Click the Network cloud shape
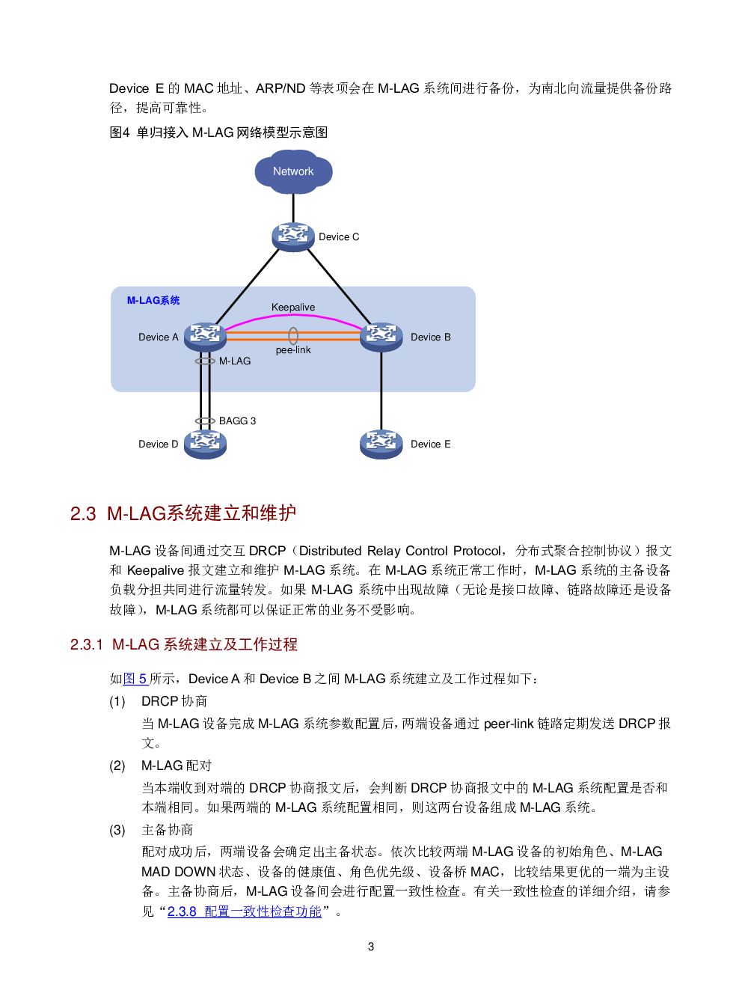point(293,171)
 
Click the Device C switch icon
point(292,236)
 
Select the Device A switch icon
point(204,337)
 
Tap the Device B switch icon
point(381,337)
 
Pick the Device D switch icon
point(204,444)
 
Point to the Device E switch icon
point(381,444)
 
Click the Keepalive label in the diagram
point(293,308)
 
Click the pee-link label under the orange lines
point(293,350)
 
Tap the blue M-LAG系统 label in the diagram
point(153,301)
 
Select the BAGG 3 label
point(238,421)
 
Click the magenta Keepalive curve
point(293,317)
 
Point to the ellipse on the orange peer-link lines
point(293,336)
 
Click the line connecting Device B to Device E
point(381,389)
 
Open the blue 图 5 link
point(135,679)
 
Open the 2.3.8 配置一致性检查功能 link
point(245,911)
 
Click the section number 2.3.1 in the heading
point(86,644)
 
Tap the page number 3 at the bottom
point(371,947)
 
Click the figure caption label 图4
point(120,132)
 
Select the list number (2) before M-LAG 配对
point(117,766)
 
